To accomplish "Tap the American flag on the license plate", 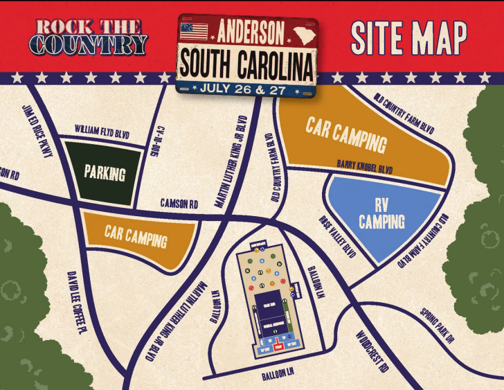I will pos(193,31).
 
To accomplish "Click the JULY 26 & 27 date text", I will pos(246,88).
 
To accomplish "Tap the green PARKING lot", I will pos(105,172).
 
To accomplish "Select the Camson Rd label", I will pos(179,204).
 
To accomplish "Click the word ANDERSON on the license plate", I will pos(251,32).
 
